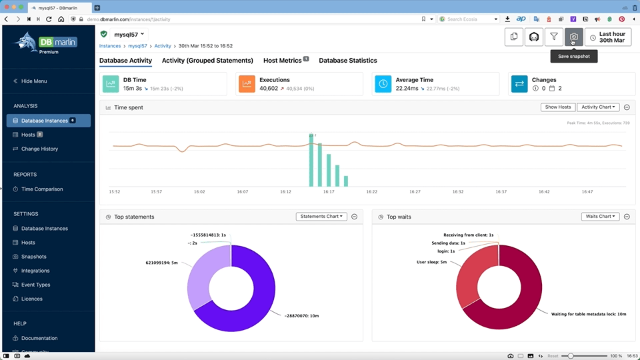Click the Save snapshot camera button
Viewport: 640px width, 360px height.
pos(574,37)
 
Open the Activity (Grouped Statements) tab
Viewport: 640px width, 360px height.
pos(207,61)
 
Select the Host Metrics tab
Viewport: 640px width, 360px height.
pos(283,61)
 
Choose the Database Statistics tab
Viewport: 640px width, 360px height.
pos(347,61)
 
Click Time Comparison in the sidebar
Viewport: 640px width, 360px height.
pos(41,189)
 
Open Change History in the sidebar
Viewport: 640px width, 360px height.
pos(39,149)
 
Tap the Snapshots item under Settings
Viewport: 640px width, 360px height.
pos(34,257)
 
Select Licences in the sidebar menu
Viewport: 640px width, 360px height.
pos(31,299)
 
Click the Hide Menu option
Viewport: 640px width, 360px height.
pos(34,81)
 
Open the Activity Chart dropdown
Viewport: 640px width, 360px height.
pos(599,107)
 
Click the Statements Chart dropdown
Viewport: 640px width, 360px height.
pos(322,217)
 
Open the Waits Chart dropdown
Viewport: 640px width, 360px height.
pos(600,217)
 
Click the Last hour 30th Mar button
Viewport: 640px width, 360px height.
pos(607,37)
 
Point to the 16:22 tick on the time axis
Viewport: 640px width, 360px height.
pos(371,192)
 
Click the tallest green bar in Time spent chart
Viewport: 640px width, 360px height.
pos(311,161)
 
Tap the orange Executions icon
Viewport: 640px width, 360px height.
pos(247,84)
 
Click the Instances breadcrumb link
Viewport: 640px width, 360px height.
pos(111,46)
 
